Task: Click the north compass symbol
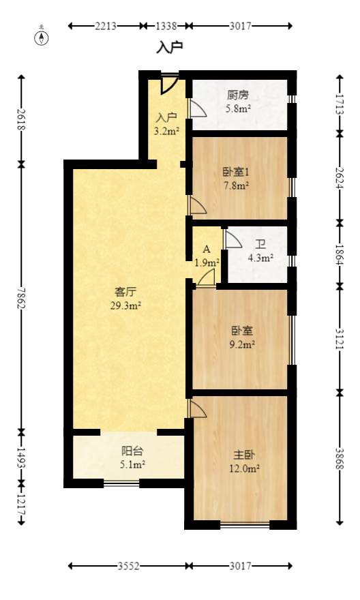point(42,37)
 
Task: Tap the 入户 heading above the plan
point(170,48)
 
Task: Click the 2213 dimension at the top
point(106,26)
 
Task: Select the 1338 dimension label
point(166,26)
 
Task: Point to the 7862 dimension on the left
point(21,297)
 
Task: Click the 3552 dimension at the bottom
point(129,566)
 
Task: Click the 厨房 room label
point(237,95)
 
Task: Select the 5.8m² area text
point(238,108)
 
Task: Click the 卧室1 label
point(236,172)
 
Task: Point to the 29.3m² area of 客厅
point(125,306)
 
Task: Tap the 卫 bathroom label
point(260,245)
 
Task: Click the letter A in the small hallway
point(206,250)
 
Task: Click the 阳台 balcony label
point(132,451)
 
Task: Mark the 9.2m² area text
point(243,344)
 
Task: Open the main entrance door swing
point(170,83)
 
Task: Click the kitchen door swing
point(197,109)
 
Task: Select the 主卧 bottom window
point(245,525)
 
